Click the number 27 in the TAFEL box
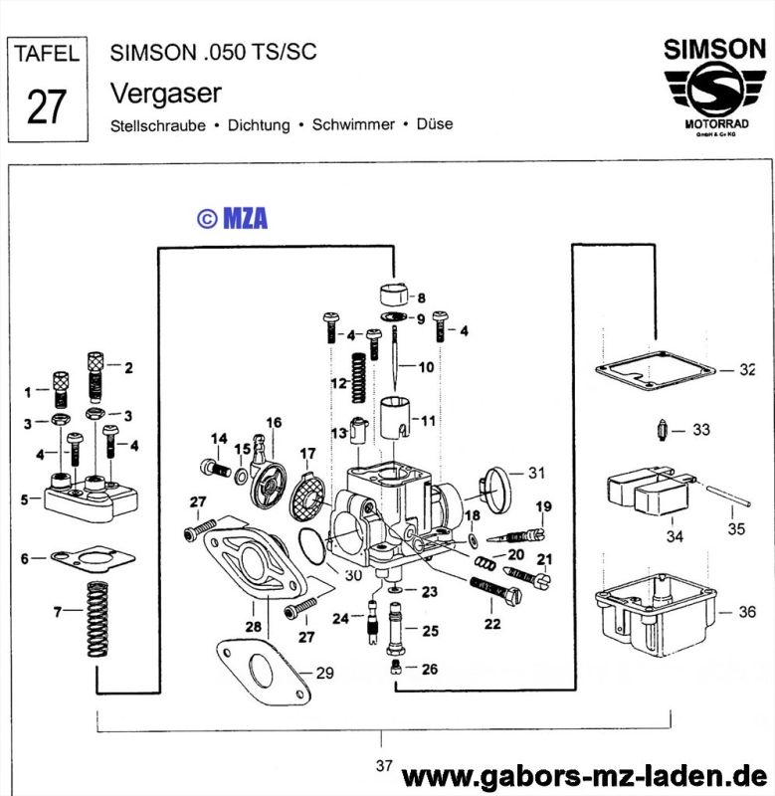[46, 106]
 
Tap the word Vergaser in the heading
[165, 93]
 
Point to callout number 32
[748, 369]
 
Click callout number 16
[274, 423]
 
